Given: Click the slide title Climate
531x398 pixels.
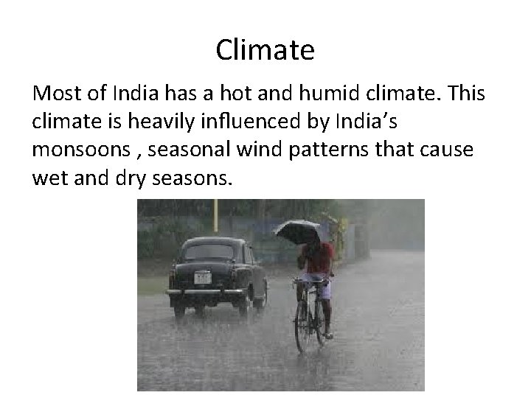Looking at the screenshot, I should pos(265,50).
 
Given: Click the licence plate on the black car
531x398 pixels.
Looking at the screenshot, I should pos(201,277).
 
